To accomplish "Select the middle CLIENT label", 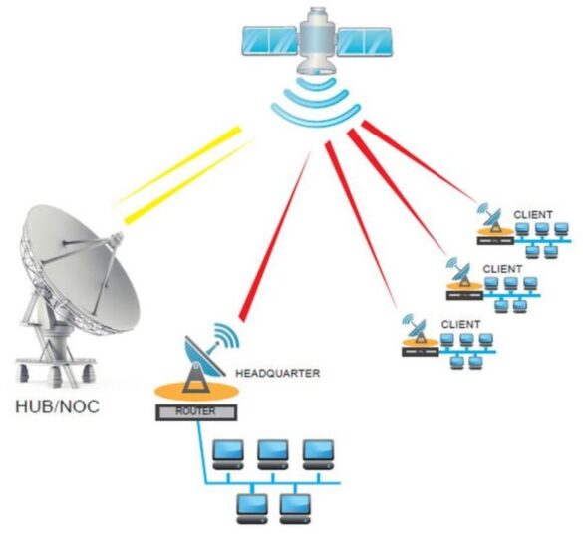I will [x=501, y=269].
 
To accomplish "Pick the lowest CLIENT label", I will [x=459, y=324].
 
